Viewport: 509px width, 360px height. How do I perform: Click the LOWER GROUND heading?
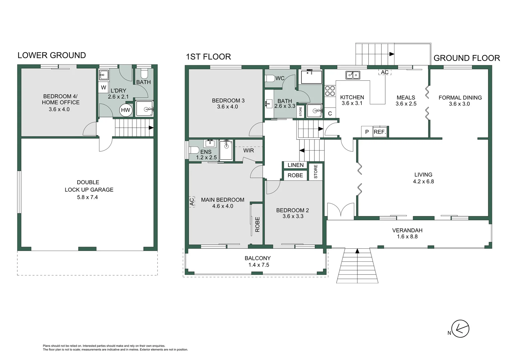[52, 55]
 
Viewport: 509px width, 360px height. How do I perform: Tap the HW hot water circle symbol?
[126, 110]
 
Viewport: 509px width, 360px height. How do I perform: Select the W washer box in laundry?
[103, 88]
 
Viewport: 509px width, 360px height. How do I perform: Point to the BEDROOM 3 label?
[228, 100]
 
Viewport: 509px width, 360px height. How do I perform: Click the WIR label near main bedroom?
[249, 150]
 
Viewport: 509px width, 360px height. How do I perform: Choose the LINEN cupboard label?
[295, 165]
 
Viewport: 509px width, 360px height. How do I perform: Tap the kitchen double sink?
[352, 75]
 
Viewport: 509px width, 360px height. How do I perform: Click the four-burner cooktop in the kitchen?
[330, 91]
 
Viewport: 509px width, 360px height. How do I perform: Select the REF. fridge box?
[380, 132]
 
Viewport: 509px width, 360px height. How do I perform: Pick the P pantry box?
[367, 132]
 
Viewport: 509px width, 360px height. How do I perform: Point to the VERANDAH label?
[407, 230]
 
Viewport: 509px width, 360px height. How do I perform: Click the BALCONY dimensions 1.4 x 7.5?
[258, 265]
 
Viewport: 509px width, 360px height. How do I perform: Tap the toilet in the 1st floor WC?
[270, 79]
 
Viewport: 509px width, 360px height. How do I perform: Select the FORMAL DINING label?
[460, 98]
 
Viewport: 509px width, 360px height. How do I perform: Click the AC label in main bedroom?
[192, 202]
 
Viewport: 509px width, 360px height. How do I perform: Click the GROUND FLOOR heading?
[466, 58]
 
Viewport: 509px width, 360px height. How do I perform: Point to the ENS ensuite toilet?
[194, 150]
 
